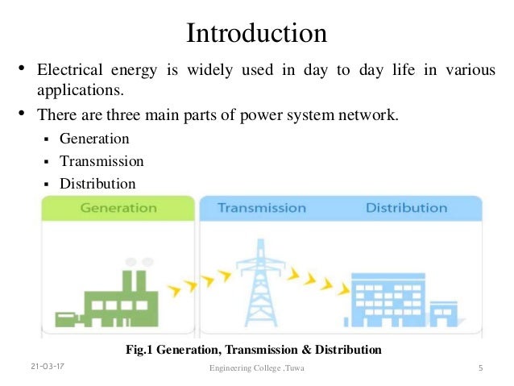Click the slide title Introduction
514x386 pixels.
(x=256, y=33)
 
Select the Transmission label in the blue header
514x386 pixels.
(x=262, y=208)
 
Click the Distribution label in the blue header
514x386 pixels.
(x=406, y=208)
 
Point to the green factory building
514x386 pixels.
(x=110, y=294)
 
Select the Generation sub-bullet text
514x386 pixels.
(x=94, y=139)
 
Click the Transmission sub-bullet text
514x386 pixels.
(x=102, y=161)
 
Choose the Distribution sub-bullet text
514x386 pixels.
(x=97, y=184)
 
